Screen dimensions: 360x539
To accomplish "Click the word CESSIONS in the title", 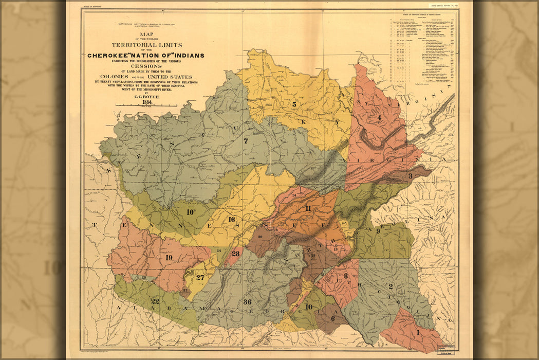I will [x=146, y=66].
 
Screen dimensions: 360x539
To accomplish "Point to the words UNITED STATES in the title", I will [x=170, y=77].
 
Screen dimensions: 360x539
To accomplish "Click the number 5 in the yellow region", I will [x=294, y=104].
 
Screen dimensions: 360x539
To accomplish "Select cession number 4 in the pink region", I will [x=379, y=117].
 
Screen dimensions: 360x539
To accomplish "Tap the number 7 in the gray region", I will [x=246, y=141].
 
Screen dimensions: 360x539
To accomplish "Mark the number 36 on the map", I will [x=247, y=302].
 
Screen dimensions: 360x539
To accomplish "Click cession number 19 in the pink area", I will [x=169, y=257].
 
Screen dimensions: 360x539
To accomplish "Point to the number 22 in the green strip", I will [x=155, y=301].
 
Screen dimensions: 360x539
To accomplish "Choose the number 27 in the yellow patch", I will [x=200, y=277].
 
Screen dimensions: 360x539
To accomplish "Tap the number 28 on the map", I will [x=235, y=254].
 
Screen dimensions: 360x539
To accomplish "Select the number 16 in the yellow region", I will [x=231, y=220].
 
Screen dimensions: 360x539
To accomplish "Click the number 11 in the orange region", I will [x=308, y=208].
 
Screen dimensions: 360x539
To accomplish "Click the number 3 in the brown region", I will [x=410, y=176].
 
